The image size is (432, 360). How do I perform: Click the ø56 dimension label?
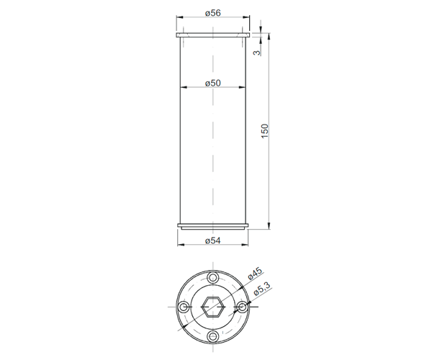coord(213,13)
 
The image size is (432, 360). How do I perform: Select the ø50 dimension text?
coord(213,83)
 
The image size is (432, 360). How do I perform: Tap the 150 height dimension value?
coord(264,131)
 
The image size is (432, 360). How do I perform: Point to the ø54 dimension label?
coord(213,240)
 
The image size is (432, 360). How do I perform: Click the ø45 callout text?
coord(255,274)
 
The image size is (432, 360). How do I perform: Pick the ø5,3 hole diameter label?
coord(262,289)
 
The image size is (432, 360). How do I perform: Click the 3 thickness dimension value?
coord(257,53)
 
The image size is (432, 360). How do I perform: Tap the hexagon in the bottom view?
coord(212,307)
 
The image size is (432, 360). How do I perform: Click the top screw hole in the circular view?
coord(212,277)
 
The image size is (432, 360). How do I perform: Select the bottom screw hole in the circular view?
coord(212,336)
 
